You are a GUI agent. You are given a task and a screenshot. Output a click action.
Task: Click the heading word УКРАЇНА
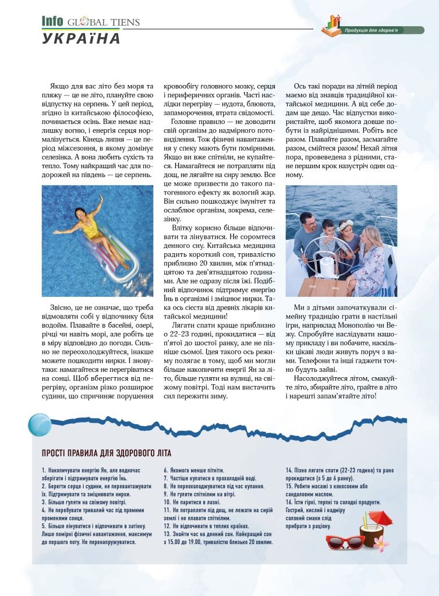(81, 38)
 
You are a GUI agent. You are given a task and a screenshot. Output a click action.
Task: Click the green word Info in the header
(52, 22)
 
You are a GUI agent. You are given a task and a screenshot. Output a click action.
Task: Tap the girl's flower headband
(348, 221)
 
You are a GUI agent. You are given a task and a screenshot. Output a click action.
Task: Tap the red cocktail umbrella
(379, 517)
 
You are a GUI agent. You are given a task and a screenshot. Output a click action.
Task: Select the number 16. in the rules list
(290, 502)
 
